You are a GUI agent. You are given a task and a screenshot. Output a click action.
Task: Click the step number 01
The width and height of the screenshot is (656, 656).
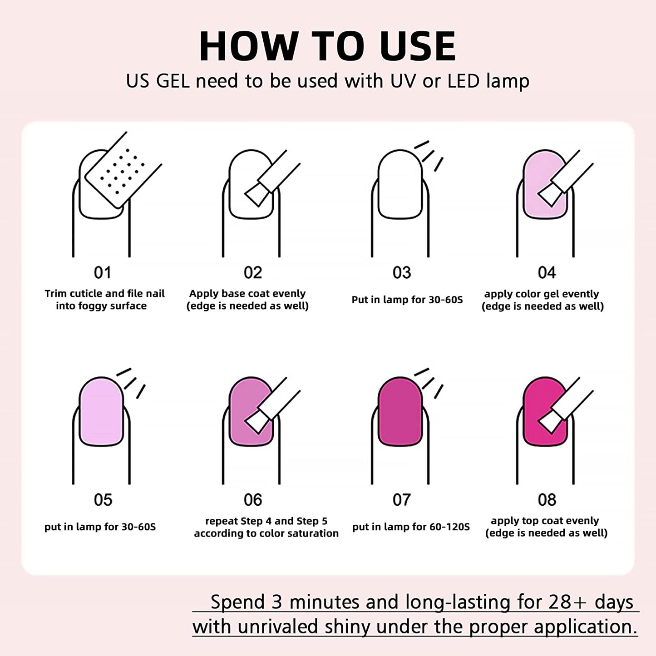click(103, 273)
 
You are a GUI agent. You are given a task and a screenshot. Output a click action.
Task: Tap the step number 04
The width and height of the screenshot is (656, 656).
click(547, 273)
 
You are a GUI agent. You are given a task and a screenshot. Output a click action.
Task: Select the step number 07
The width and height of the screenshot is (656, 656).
click(402, 500)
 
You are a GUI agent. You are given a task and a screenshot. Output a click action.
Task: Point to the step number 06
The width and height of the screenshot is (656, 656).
click(252, 500)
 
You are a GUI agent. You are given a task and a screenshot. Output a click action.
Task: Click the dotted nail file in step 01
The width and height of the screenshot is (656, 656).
click(123, 170)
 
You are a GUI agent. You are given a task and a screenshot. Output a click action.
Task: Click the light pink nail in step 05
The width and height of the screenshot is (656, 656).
click(101, 411)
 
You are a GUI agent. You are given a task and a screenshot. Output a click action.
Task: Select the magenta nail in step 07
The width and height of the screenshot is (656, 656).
click(400, 411)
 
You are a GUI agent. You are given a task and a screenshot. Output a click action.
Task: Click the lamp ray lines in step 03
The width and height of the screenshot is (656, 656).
click(429, 156)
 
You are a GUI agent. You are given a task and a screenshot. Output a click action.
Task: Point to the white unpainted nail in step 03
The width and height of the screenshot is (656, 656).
click(400, 184)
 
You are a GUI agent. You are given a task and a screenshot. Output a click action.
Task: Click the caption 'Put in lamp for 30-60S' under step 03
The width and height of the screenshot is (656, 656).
click(407, 300)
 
